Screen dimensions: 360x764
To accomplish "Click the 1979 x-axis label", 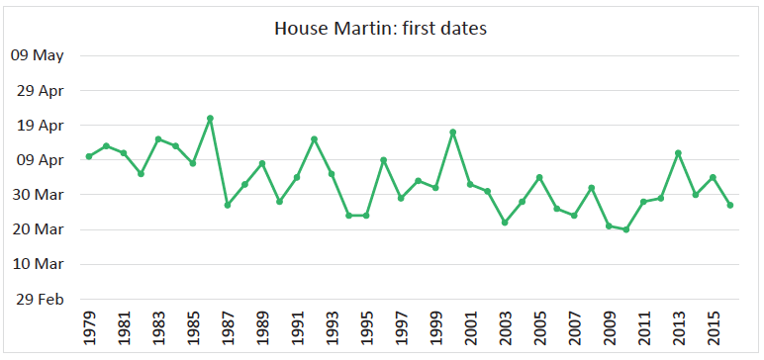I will (x=89, y=325).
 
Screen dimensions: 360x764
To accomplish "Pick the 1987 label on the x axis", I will (x=228, y=325).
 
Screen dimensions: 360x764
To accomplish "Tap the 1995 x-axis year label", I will (x=366, y=325).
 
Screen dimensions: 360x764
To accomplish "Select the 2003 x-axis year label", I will (x=505, y=325).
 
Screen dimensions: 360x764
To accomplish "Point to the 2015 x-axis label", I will (x=713, y=325).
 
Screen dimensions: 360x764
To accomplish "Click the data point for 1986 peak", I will (x=210, y=119).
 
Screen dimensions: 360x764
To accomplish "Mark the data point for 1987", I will (x=228, y=205).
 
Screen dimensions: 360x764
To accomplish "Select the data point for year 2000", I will (x=452, y=133).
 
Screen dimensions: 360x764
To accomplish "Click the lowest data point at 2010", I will (x=625, y=229).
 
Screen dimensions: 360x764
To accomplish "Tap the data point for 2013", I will (x=678, y=153).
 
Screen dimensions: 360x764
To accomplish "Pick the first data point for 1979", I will (x=89, y=156).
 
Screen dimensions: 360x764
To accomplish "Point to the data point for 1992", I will (x=314, y=139).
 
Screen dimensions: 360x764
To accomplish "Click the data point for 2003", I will (x=505, y=223).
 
